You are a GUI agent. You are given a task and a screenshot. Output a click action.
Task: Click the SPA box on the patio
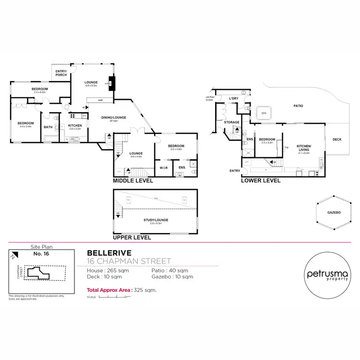[x=264, y=113]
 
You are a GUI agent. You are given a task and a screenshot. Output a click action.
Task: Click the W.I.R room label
[x=163, y=167]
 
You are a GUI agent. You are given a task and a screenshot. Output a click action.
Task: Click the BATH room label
[x=48, y=127]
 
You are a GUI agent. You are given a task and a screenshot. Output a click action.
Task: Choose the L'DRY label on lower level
[x=234, y=98]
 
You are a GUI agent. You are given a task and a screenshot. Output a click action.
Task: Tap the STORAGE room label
[x=231, y=122]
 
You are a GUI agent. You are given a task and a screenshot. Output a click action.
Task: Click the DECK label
[x=337, y=140]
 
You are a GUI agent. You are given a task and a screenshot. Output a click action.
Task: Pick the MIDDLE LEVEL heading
[x=132, y=181]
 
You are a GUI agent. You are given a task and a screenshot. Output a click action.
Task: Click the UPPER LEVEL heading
[x=132, y=238]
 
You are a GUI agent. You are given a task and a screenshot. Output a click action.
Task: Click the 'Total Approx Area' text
[x=109, y=290]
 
